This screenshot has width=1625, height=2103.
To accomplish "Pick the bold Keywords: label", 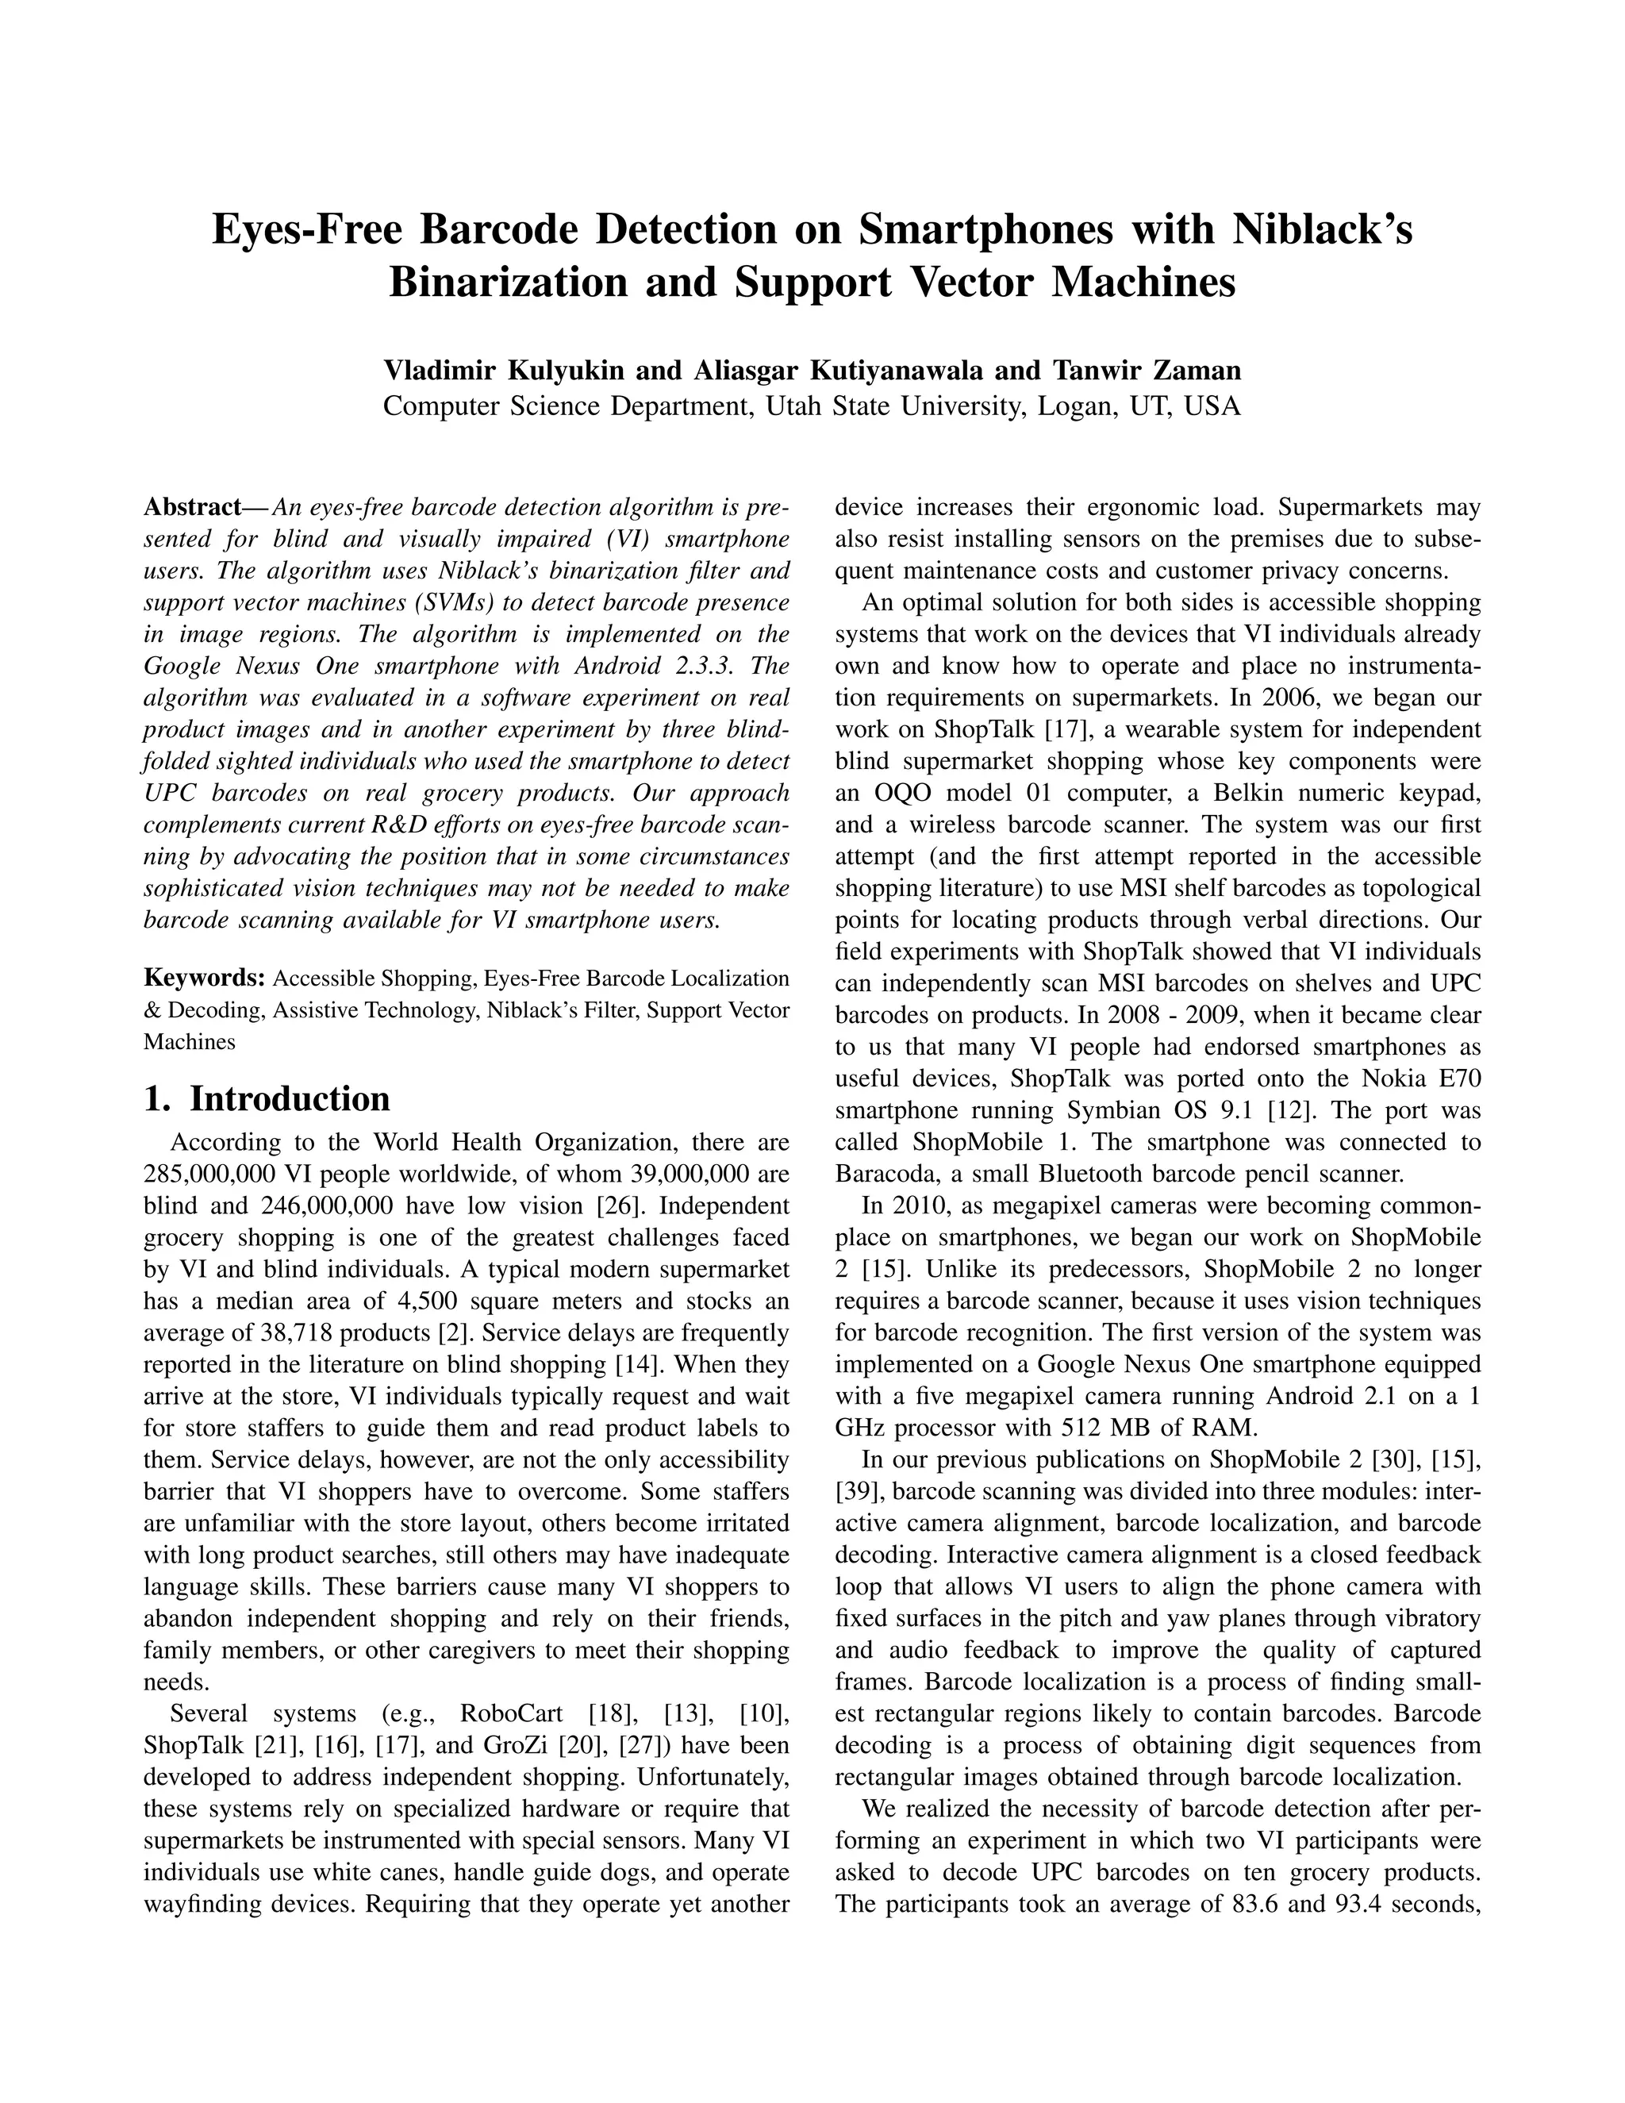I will (204, 978).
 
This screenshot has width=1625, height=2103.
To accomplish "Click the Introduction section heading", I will (289, 1098).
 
